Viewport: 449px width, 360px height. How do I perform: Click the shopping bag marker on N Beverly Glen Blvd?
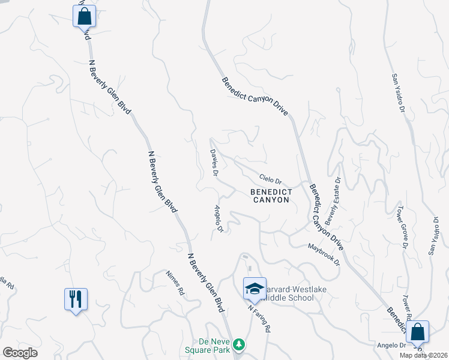click(84, 16)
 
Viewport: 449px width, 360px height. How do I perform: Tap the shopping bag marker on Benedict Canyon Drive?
click(417, 331)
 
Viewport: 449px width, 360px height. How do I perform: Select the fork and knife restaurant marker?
click(76, 299)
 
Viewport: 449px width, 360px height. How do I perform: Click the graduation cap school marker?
click(255, 289)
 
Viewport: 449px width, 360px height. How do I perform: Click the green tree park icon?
click(240, 344)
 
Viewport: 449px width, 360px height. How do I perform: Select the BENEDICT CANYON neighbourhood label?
click(271, 196)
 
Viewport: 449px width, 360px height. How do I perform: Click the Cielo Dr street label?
click(270, 179)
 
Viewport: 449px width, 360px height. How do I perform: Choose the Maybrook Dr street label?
click(324, 254)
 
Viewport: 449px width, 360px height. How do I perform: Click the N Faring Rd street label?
click(259, 318)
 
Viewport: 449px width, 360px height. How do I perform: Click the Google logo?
click(20, 352)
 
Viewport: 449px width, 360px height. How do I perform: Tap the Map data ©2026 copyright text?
click(424, 355)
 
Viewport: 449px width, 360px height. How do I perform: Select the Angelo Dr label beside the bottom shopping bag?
click(391, 345)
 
